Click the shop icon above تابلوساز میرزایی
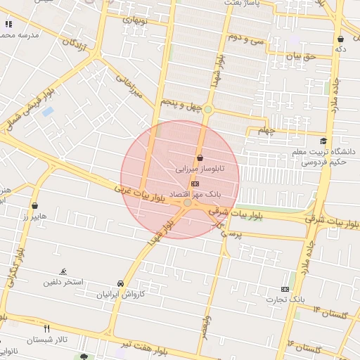click(x=200, y=158)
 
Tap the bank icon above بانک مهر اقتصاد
click(x=195, y=183)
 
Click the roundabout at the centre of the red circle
click(x=187, y=202)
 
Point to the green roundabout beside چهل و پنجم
click(x=207, y=109)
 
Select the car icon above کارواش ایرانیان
click(x=121, y=284)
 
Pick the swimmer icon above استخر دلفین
click(x=64, y=271)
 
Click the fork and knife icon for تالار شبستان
click(x=47, y=328)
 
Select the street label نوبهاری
click(x=136, y=20)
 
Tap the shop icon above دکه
click(x=340, y=39)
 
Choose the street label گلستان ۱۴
click(x=330, y=312)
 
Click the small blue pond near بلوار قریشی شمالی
click(x=48, y=111)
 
